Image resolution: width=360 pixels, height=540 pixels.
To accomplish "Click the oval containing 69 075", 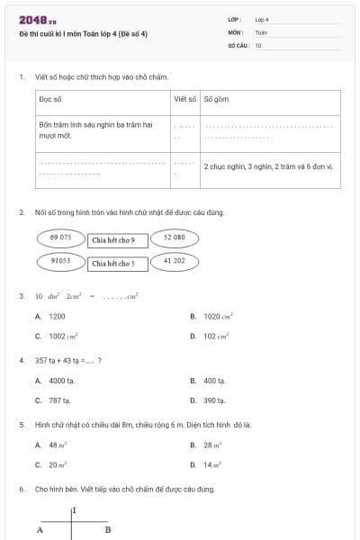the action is pyautogui.click(x=61, y=238).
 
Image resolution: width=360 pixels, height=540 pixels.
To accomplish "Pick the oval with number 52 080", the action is pyautogui.click(x=174, y=238).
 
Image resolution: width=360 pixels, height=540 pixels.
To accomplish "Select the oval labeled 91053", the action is pyautogui.click(x=61, y=261).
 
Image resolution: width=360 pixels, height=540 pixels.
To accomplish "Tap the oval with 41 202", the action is pyautogui.click(x=174, y=261).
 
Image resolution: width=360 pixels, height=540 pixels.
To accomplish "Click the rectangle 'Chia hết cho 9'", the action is pyautogui.click(x=113, y=240).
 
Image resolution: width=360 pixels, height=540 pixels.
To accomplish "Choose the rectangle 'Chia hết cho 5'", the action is pyautogui.click(x=113, y=264).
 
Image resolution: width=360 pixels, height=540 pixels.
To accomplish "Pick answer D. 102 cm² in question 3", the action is pyautogui.click(x=216, y=337).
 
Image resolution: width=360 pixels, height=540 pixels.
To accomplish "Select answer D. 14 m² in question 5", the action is pyautogui.click(x=213, y=465).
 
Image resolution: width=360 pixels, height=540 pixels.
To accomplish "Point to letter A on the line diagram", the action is pyautogui.click(x=40, y=530).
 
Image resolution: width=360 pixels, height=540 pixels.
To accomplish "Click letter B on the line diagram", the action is pyautogui.click(x=107, y=530).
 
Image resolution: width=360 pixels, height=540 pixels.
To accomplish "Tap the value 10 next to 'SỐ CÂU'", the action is pyautogui.click(x=259, y=45).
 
